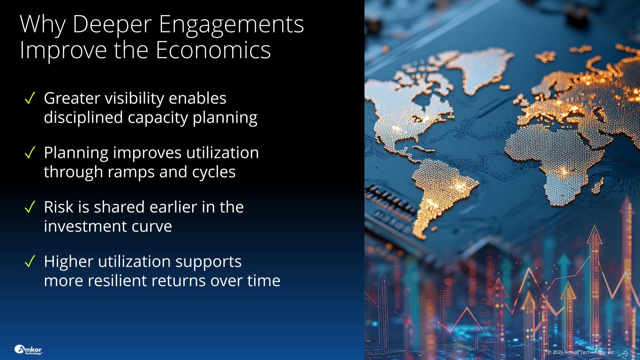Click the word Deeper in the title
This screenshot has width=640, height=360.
(112, 25)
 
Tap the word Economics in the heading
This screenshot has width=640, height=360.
(213, 50)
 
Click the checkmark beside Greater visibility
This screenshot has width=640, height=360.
(30, 98)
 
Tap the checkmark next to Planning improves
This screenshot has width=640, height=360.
(30, 152)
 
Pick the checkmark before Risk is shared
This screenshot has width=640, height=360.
(30, 207)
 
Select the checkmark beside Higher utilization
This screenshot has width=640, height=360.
(30, 261)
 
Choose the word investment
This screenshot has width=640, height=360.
(85, 226)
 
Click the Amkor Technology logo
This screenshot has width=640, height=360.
(28, 350)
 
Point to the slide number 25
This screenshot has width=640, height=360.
(625, 352)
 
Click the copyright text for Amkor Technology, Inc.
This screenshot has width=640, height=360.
(581, 352)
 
